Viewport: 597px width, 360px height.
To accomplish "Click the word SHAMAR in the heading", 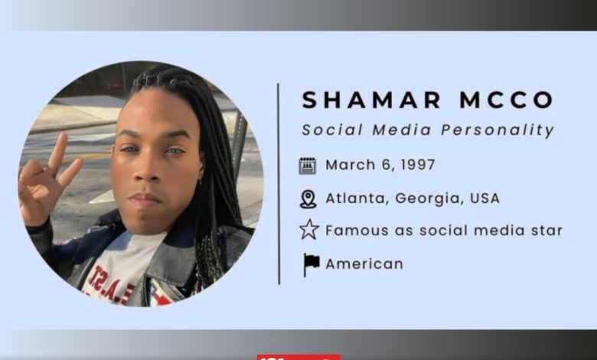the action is (372, 100).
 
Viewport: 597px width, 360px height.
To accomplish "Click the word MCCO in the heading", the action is (507, 100).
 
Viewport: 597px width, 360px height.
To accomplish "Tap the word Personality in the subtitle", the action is (497, 130).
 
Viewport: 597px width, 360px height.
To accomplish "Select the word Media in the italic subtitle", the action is (402, 130).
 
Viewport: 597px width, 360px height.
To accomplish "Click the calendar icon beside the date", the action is (308, 165).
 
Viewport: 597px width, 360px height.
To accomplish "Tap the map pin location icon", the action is (308, 199).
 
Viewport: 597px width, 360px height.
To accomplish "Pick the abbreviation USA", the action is (484, 198).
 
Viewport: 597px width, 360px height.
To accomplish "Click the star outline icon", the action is (308, 229).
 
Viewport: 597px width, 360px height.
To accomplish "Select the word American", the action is (364, 263).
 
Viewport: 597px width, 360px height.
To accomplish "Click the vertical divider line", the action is (279, 184).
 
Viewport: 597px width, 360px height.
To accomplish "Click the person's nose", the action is (148, 169).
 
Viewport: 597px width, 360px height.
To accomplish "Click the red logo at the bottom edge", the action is (298, 358).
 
